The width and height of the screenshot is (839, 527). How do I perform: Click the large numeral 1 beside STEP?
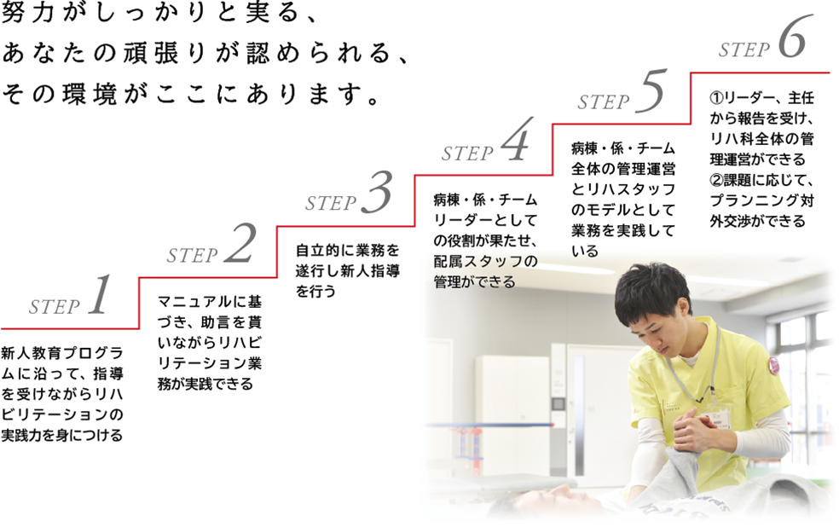(x=100, y=294)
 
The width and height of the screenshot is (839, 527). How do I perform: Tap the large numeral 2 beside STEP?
(x=240, y=243)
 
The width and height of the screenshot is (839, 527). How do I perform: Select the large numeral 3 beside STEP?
(x=377, y=192)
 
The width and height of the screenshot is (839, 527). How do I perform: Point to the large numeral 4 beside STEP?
(x=516, y=140)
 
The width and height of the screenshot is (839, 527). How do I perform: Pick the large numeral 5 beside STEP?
(x=651, y=91)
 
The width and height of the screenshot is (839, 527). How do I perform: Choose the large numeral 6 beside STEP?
(x=792, y=37)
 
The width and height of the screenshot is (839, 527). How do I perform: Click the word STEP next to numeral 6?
(x=744, y=49)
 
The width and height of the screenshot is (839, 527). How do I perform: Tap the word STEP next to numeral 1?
(x=54, y=307)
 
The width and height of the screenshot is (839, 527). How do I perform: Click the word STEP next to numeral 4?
(x=467, y=153)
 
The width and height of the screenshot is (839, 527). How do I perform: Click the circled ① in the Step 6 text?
(x=716, y=98)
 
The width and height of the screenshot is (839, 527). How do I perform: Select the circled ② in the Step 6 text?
(x=716, y=180)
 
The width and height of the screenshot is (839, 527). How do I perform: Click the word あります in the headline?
(x=305, y=94)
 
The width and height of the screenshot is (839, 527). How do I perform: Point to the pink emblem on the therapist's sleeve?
(x=773, y=366)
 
